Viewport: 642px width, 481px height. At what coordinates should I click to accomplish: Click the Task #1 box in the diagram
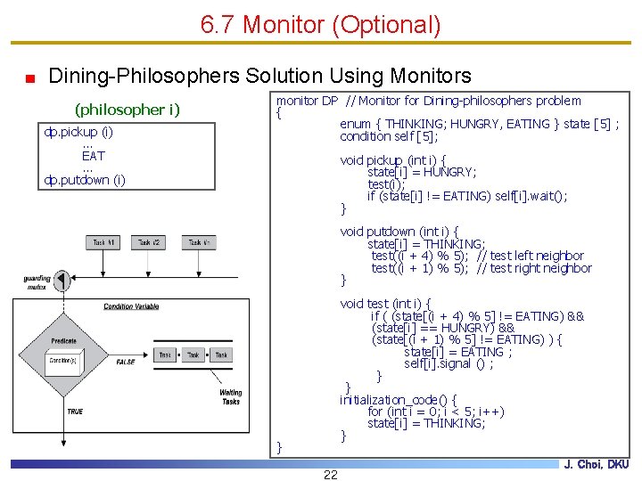click(x=103, y=241)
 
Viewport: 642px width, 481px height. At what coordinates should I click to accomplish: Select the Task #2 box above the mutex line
click(x=150, y=241)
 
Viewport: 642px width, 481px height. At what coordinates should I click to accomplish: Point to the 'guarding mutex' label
click(x=37, y=282)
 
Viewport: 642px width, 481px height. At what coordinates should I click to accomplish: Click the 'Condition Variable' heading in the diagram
click(x=131, y=306)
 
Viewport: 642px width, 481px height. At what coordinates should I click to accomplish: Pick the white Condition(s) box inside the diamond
click(x=62, y=361)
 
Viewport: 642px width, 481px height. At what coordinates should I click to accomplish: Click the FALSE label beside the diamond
click(x=126, y=362)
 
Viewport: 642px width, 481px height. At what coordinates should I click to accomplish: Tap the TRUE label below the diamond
click(x=75, y=412)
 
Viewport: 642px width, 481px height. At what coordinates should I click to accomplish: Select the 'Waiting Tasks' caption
click(x=231, y=396)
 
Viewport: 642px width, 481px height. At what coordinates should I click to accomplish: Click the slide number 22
click(x=330, y=474)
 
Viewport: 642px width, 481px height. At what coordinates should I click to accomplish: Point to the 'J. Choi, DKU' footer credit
click(x=596, y=464)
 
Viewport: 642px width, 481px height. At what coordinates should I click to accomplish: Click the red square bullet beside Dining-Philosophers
click(x=30, y=77)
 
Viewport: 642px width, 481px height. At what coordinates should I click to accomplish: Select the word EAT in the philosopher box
click(x=93, y=156)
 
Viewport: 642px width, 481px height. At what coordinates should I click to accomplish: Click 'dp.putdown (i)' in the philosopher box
click(x=85, y=180)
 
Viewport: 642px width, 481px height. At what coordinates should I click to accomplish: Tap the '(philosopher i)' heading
click(x=128, y=110)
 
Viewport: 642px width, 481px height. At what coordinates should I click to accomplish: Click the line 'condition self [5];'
click(x=389, y=136)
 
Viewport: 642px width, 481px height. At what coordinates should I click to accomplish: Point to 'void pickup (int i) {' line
click(x=393, y=160)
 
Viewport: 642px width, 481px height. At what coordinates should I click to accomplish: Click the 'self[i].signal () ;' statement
click(x=449, y=363)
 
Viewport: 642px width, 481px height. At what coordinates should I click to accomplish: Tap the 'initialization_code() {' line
click(x=399, y=399)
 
